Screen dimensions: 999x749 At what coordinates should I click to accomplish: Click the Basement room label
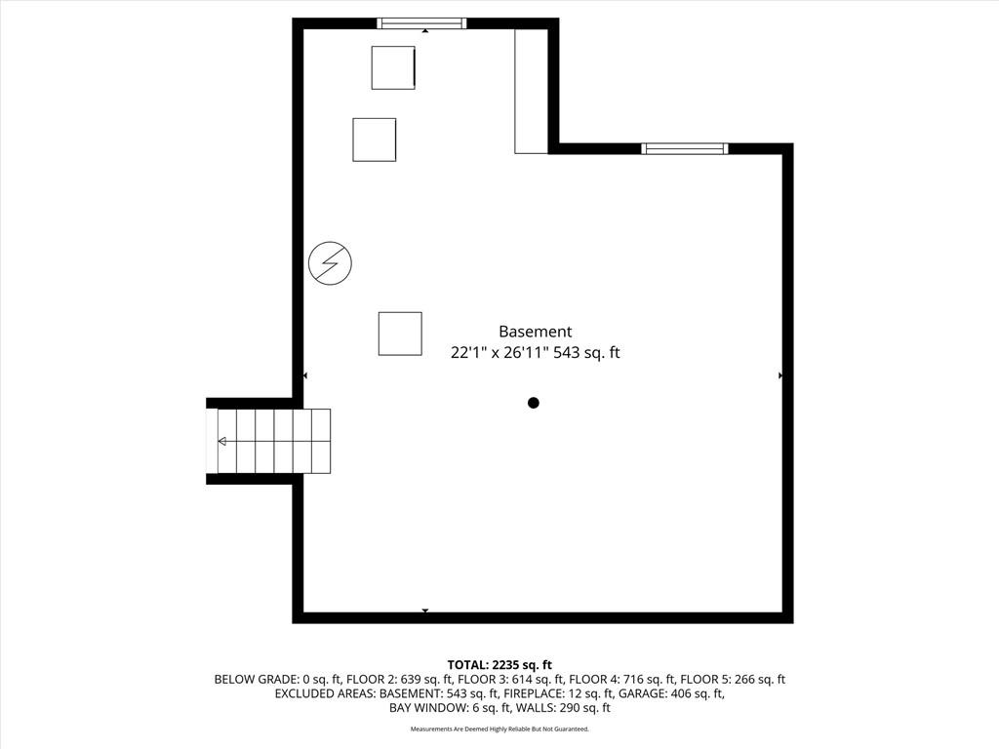tap(536, 332)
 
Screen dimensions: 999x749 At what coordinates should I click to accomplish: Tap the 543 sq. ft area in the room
tap(586, 352)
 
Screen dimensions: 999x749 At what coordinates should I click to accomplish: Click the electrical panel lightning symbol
tap(330, 263)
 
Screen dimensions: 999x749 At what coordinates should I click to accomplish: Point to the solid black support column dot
tap(534, 403)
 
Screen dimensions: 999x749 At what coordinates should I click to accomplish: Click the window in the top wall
tap(421, 23)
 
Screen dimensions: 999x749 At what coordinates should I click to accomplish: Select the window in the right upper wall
tap(685, 149)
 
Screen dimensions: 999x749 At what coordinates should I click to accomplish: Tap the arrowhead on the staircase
tap(222, 442)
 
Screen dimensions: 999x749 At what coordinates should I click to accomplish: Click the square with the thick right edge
tap(394, 67)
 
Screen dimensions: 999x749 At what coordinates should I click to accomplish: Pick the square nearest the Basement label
tap(400, 334)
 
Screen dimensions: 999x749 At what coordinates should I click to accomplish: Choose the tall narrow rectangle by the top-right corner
tap(532, 91)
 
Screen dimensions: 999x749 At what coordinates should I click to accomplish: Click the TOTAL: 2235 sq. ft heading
tap(499, 665)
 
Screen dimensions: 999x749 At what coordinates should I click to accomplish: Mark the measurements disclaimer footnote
tap(499, 729)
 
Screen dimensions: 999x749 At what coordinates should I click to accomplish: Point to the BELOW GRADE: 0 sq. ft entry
tap(275, 680)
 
